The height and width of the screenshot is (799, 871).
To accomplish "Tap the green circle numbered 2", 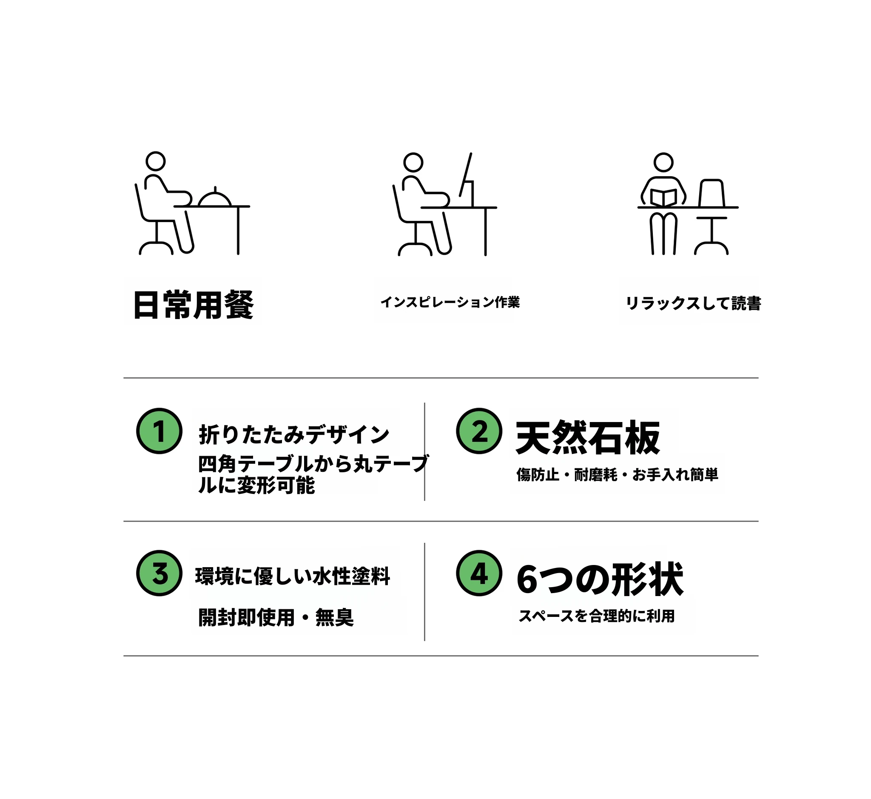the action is (x=479, y=431).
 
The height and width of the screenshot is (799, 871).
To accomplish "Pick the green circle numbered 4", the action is (x=479, y=574).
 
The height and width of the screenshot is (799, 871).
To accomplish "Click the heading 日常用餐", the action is (x=193, y=305).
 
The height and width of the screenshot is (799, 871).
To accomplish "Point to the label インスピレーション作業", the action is (x=450, y=302).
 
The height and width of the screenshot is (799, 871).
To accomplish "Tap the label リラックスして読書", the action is (x=693, y=303).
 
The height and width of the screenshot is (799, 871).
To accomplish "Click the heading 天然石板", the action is (x=588, y=437).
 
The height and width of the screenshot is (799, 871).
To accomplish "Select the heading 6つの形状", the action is (x=600, y=580).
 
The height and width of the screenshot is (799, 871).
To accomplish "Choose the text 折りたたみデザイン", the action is (x=294, y=434).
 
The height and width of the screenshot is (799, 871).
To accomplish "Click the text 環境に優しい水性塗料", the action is (x=293, y=576).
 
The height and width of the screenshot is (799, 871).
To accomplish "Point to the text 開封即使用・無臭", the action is (x=276, y=617).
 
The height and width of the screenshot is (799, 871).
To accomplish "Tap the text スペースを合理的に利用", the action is (x=597, y=616).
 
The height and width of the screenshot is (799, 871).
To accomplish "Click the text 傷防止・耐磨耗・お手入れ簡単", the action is (x=617, y=475).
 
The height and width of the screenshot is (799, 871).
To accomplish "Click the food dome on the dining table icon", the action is (x=215, y=196).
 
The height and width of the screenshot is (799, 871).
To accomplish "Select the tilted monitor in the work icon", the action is (x=467, y=180).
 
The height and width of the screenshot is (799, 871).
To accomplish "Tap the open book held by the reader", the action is (x=663, y=198).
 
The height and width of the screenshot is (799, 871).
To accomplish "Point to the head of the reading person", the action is (x=663, y=162).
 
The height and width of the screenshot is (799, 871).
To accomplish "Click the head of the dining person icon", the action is (x=156, y=161).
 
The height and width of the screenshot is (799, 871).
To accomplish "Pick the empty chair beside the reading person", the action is (x=711, y=216).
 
